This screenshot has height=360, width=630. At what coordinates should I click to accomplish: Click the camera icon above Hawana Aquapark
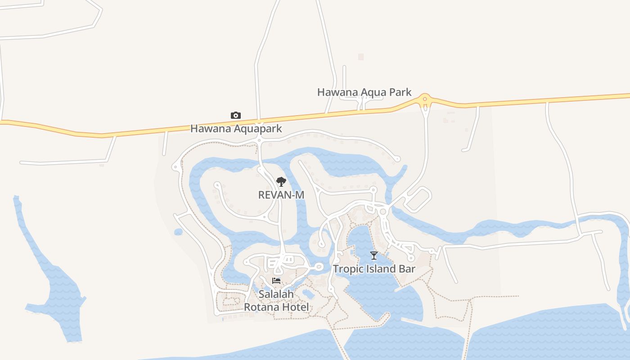click(x=235, y=116)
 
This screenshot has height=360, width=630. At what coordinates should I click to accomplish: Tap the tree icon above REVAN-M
click(x=281, y=182)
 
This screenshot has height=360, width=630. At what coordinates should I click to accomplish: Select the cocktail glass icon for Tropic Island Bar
click(x=373, y=256)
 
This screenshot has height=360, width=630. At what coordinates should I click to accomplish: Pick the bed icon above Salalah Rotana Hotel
click(x=276, y=281)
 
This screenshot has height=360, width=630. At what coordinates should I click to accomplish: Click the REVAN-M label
click(x=281, y=195)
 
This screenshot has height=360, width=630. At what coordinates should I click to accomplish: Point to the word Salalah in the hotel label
click(x=276, y=294)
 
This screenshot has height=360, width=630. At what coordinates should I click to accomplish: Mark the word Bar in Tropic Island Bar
click(x=407, y=269)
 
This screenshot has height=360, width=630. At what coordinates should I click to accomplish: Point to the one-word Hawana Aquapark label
click(x=236, y=129)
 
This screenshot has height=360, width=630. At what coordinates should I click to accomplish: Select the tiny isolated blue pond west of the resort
click(x=178, y=232)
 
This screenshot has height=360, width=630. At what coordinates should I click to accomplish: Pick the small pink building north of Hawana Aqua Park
click(x=360, y=57)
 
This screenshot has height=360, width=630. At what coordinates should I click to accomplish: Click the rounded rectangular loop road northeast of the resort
click(x=418, y=198)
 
